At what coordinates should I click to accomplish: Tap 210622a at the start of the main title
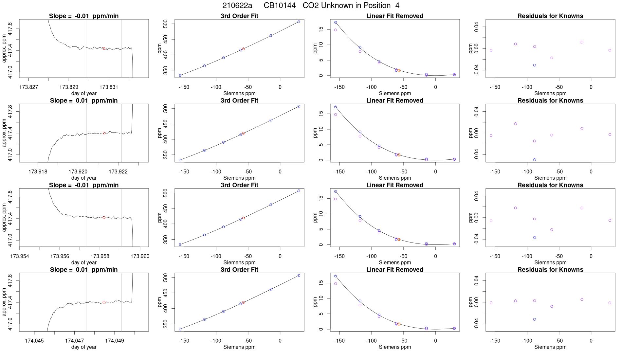click(237, 6)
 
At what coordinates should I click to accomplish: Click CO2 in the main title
click(310, 6)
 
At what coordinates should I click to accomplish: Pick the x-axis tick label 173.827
click(29, 87)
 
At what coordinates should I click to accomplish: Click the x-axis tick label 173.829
click(69, 87)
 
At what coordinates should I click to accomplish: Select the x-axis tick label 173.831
click(109, 87)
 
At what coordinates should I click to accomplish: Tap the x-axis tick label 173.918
click(38, 171)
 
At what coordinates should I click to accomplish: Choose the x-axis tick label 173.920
click(78, 171)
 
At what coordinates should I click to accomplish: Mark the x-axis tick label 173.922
click(118, 171)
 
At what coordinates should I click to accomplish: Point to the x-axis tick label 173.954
click(20, 256)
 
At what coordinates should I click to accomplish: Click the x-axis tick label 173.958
click(100, 256)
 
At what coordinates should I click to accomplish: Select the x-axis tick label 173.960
click(140, 256)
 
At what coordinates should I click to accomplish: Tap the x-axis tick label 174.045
click(34, 341)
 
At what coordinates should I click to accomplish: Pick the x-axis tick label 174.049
click(115, 341)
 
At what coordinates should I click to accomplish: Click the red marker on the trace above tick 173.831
click(104, 48)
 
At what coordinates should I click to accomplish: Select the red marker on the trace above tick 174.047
click(104, 302)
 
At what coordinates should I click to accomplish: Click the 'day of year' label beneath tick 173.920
click(84, 178)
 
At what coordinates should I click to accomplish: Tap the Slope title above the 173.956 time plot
click(84, 185)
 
